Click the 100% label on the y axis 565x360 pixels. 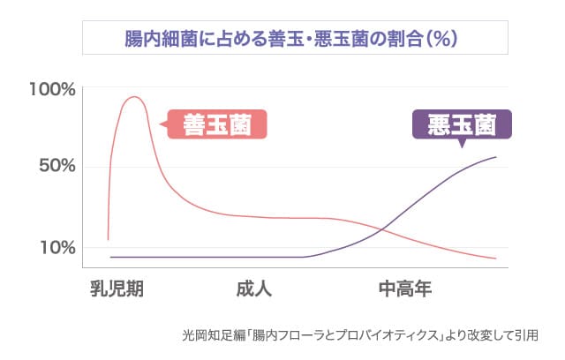52,89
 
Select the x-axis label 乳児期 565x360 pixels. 117,288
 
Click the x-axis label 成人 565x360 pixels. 253,288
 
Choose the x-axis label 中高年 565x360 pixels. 404,288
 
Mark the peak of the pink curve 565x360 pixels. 134,97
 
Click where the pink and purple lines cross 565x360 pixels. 381,229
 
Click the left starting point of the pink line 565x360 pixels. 108,239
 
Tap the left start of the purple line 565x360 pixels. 110,258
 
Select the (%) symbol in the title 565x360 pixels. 443,39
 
